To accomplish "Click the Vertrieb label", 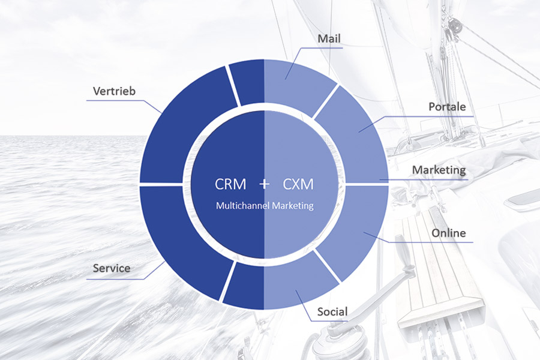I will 115,91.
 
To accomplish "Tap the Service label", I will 112,268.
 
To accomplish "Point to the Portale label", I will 447,107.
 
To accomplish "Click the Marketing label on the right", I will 439,170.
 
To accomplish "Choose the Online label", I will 449,233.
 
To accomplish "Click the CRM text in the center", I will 230,184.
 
